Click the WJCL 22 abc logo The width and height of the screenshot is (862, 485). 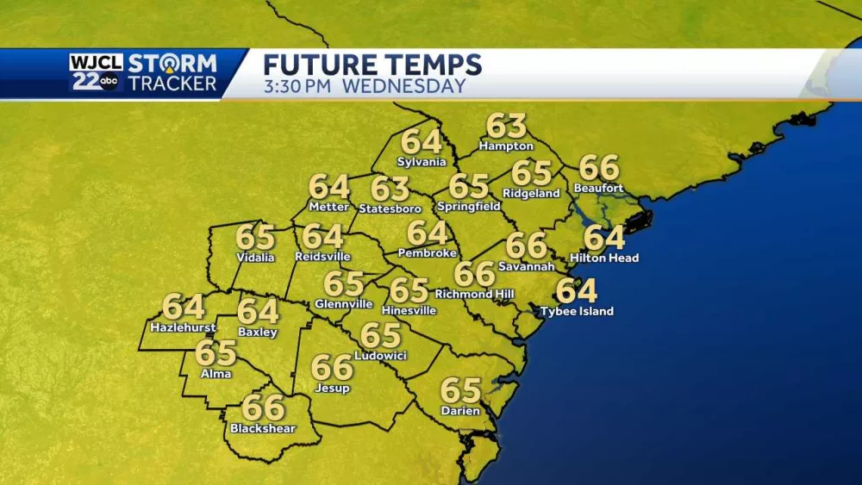click(97, 72)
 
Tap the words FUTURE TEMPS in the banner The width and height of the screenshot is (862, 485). click(372, 65)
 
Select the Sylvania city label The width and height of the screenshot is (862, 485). click(422, 162)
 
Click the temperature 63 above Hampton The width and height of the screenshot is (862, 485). click(506, 126)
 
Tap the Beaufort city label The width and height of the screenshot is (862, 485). click(598, 188)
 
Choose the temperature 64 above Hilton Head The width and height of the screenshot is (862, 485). click(603, 237)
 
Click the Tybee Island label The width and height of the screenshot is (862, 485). click(577, 311)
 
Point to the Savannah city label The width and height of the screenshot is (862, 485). click(526, 266)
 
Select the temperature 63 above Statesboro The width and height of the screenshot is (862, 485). click(390, 189)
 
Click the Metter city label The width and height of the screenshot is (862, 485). click(328, 207)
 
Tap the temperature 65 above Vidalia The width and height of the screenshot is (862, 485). click(255, 237)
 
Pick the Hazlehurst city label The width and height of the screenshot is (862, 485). click(183, 327)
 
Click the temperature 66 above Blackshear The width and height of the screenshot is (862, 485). click(263, 406)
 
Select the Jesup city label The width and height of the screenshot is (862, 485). click(332, 388)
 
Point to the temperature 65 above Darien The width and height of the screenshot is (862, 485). click(460, 390)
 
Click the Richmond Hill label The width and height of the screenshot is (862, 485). click(474, 294)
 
